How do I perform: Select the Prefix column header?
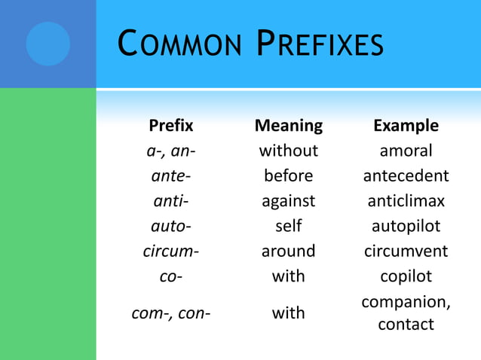(171, 125)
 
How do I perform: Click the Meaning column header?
(289, 125)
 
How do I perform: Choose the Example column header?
(406, 125)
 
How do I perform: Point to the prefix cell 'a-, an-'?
(171, 151)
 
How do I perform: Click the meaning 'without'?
(289, 151)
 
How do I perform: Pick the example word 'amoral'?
(406, 151)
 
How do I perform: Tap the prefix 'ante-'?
(171, 176)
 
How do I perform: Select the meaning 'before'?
(289, 176)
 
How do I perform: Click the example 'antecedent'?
(406, 176)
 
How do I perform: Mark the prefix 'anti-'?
(171, 201)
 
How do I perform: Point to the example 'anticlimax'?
(406, 201)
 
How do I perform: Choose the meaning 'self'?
(289, 226)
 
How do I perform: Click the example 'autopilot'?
(406, 226)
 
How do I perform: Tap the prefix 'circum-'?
(171, 251)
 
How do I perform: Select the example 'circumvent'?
(406, 251)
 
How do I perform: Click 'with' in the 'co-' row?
(289, 276)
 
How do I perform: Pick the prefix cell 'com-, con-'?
(171, 313)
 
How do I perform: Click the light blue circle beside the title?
(47, 44)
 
